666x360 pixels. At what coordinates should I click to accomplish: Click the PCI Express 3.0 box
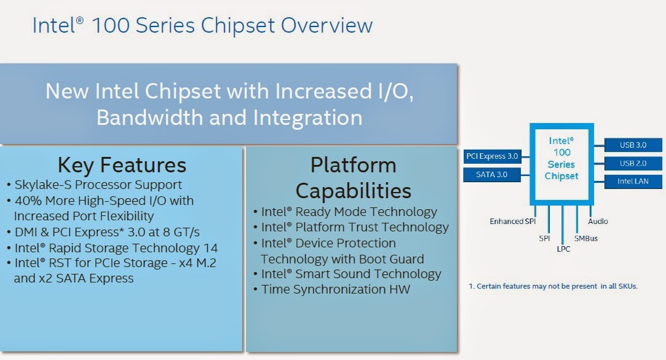tap(493, 156)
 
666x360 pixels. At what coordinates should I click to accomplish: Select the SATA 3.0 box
tap(492, 175)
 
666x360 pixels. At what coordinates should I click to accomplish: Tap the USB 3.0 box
tap(633, 145)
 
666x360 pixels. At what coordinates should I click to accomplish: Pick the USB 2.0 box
tap(633, 163)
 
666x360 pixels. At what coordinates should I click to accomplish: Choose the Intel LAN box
tap(633, 182)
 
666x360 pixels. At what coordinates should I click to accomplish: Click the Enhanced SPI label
tap(513, 222)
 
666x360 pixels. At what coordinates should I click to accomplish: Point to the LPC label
tap(564, 249)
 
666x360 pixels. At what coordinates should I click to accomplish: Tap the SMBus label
tap(586, 238)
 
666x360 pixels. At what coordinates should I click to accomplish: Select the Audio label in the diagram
tap(598, 222)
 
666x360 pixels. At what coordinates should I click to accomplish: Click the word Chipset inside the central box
tap(561, 176)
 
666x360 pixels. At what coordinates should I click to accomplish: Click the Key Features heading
tap(122, 166)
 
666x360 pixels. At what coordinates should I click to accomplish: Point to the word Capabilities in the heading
tap(354, 191)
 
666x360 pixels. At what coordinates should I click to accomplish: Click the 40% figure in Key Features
tap(28, 201)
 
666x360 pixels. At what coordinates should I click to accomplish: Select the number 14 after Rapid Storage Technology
tap(211, 248)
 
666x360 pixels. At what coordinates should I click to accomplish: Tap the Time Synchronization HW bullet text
tap(336, 289)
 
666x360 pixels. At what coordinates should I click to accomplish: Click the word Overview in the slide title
tap(327, 25)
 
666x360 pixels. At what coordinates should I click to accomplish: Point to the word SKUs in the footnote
tap(628, 286)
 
